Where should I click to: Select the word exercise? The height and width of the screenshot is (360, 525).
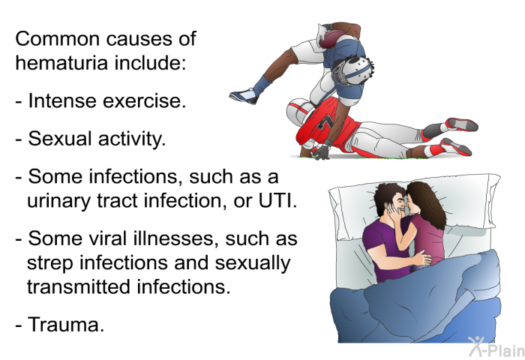click(146, 100)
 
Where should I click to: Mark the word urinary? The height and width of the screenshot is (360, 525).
click(60, 202)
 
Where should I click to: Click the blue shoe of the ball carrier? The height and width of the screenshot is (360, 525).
click(244, 96)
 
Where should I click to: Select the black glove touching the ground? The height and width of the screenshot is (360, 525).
click(321, 152)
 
